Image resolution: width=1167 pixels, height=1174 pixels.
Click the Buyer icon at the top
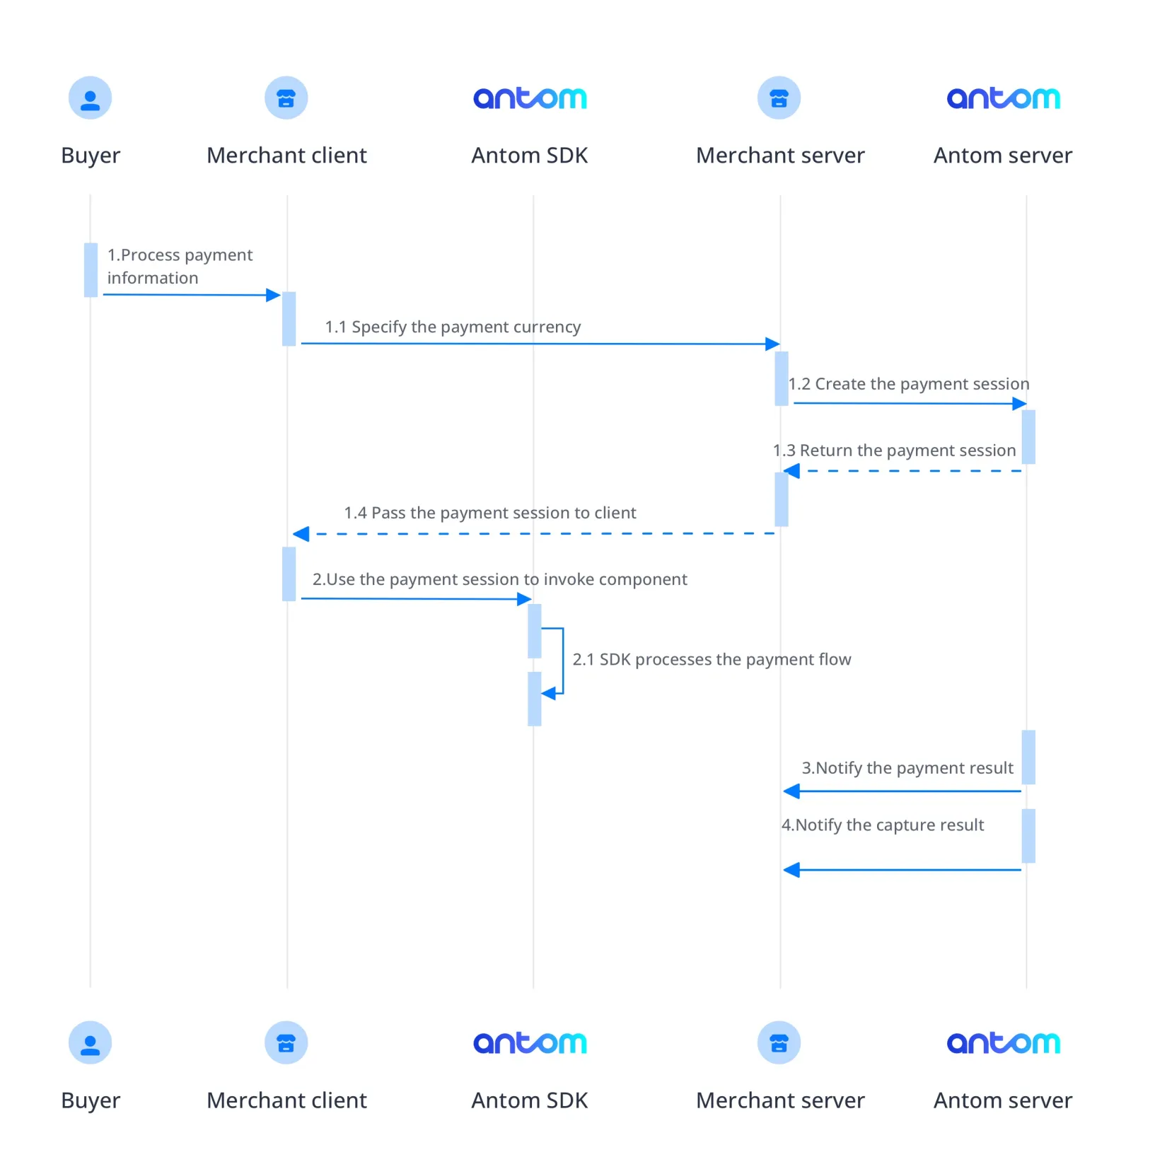90,98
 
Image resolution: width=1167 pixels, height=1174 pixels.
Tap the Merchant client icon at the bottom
286,1042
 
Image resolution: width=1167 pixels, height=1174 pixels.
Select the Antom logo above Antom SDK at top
530,98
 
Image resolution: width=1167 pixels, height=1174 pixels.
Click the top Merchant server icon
779,98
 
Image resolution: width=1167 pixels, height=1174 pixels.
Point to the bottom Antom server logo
1003,1042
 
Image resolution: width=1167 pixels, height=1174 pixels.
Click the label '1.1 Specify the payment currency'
453,327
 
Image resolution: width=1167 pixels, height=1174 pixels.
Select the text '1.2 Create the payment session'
909,384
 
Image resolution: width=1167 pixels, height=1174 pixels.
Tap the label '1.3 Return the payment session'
894,451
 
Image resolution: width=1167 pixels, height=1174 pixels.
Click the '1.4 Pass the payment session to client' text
489,513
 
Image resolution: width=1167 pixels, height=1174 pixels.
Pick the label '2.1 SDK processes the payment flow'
712,659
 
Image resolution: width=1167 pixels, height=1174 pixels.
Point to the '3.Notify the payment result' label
907,768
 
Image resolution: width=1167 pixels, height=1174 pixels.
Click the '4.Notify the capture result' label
882,825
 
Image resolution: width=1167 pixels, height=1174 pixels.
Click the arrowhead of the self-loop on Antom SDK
549,694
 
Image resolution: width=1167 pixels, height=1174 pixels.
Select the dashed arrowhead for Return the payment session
792,471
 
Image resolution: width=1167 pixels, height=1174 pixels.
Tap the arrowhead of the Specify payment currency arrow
772,344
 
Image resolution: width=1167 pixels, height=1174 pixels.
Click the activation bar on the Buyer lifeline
91,269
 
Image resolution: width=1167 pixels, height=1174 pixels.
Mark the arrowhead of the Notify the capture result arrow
792,870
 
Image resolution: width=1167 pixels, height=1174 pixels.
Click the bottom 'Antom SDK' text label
530,1100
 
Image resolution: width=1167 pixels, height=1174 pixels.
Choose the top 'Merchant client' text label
286,156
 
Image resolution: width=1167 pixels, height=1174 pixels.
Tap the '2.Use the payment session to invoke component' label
499,579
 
